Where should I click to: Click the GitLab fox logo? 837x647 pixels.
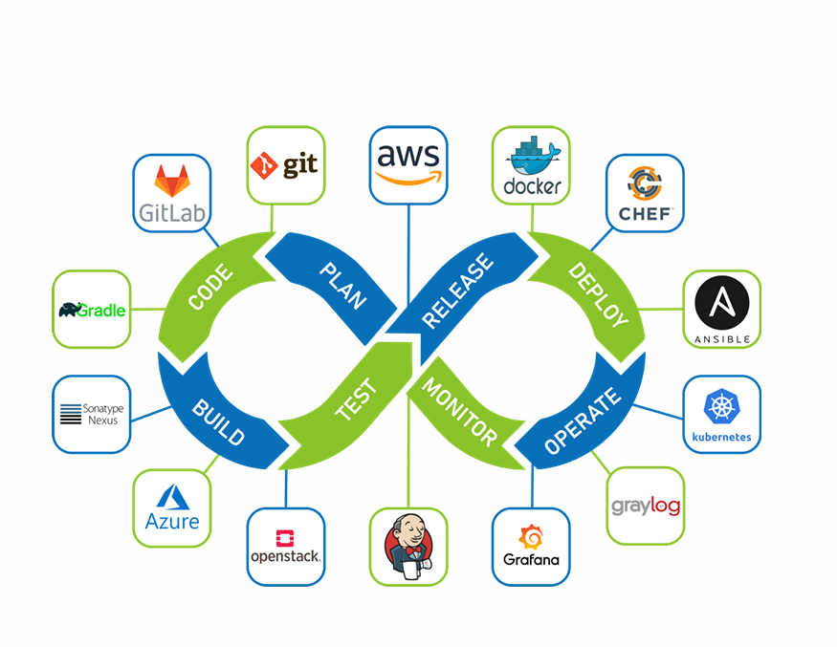coord(172,180)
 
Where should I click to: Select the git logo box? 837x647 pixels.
coord(285,164)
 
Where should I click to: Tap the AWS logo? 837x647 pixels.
coord(407,164)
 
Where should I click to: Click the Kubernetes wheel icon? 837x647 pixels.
coord(721,405)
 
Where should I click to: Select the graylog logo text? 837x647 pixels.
coord(646,505)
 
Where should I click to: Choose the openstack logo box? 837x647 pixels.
coord(285,547)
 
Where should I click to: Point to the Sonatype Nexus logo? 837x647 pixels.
coord(91,414)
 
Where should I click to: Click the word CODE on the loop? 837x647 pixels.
coord(209,288)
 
